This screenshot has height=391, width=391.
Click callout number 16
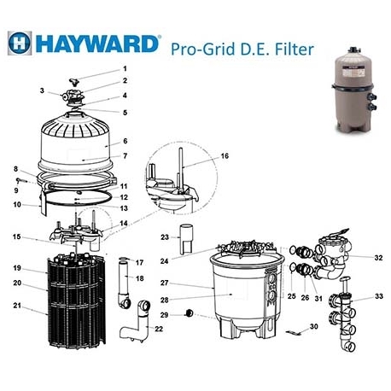[x=225, y=157]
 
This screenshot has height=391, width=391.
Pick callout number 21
[x=16, y=306]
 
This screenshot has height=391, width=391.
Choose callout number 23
[x=165, y=236]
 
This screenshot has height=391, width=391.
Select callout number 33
[x=379, y=297]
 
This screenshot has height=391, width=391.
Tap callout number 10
[x=16, y=204]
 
